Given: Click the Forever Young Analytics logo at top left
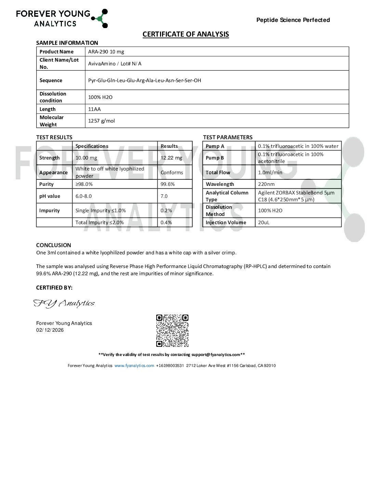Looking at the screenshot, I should click(62, 18).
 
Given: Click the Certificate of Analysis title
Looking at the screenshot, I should click(186, 34).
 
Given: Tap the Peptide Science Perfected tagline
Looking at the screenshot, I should click(293, 20).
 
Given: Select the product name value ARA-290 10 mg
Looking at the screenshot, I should click(106, 52).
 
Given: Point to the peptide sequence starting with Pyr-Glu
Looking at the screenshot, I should click(145, 80).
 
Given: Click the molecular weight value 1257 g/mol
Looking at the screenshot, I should click(102, 121).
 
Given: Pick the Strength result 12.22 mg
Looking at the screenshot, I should click(171, 158).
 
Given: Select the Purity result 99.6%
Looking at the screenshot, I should click(168, 184).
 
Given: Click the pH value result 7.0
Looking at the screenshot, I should click(164, 196).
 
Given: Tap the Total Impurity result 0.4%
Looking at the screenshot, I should click(166, 223).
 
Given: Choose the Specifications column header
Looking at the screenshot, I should click(92, 146).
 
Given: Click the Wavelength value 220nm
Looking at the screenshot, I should click(266, 184).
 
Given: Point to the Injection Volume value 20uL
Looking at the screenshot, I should click(264, 223).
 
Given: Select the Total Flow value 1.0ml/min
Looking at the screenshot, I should click(270, 173).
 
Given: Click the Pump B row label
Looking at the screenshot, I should click(215, 158).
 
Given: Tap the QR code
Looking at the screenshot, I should click(172, 331).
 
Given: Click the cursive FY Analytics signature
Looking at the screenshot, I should click(64, 303).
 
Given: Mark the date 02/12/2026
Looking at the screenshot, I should click(50, 330).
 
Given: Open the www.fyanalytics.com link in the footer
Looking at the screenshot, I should click(134, 366).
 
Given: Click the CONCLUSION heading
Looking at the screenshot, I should click(54, 245).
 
